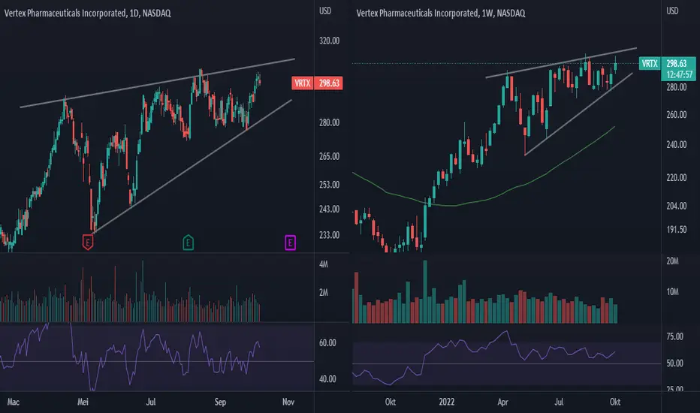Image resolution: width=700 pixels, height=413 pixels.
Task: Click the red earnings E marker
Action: pos(88,243)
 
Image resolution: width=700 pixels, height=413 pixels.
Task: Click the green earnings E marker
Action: pos(188,243)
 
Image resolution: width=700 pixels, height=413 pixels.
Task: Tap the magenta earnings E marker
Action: pos(290,243)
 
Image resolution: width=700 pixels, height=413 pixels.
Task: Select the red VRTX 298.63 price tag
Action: pos(317,83)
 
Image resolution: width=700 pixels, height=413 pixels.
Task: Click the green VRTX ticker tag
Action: pos(650,63)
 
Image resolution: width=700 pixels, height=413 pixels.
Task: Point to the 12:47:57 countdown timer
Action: pos(679,74)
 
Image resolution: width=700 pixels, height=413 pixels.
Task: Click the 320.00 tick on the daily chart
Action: pos(329,41)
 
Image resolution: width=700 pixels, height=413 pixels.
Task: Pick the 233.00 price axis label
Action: pos(329,235)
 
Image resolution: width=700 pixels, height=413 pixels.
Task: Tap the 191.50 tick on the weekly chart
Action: pos(676,230)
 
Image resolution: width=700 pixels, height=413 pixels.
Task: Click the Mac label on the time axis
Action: pos(13,402)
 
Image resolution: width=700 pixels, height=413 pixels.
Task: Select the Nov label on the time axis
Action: pos(288,402)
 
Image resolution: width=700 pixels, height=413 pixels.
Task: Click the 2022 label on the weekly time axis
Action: pos(446,402)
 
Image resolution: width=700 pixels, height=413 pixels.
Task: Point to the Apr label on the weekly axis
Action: pos(502,402)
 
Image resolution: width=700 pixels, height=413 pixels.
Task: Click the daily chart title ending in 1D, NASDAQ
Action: pos(87,14)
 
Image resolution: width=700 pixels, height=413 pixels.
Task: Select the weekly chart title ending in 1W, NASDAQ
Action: pos(441,14)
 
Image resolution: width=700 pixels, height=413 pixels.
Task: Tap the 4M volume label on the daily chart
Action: pos(324,264)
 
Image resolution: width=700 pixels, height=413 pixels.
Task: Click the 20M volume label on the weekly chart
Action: pos(672,261)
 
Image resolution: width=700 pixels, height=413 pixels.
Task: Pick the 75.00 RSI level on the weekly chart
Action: pos(674,336)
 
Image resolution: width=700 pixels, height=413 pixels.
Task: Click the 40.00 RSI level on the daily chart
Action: pos(327,379)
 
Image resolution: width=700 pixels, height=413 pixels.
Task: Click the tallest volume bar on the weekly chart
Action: pos(425,291)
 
